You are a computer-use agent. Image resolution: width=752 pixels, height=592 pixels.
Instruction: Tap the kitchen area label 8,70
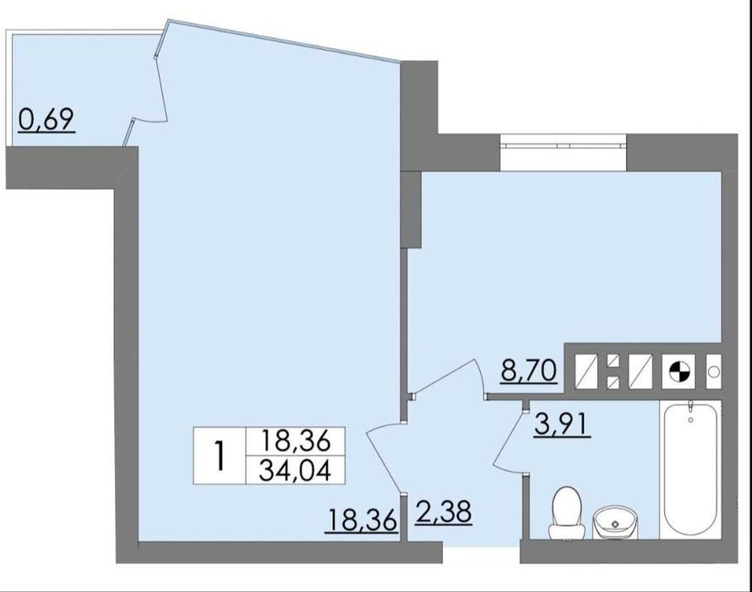(528, 370)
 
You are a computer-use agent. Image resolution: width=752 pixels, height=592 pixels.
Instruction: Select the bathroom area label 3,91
(562, 424)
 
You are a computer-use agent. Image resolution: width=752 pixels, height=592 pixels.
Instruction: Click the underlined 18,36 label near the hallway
(361, 520)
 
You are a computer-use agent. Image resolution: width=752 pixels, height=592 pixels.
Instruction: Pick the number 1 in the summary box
(220, 456)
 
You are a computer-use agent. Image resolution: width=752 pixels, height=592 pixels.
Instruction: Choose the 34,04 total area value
(295, 470)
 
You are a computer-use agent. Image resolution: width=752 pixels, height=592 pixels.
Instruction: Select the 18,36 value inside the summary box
(295, 441)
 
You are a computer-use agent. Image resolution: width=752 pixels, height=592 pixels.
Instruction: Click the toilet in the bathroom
(568, 513)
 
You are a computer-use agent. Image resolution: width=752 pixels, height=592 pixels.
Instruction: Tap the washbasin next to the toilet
(615, 523)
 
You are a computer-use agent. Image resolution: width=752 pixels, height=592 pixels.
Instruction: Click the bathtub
(690, 469)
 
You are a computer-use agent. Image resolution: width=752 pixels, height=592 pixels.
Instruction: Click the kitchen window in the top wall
(563, 143)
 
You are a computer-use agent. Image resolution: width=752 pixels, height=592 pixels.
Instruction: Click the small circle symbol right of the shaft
(714, 371)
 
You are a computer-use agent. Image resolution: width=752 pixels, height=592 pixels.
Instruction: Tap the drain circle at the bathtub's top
(690, 419)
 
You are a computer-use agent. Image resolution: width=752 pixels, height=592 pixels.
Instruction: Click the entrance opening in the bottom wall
(481, 552)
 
